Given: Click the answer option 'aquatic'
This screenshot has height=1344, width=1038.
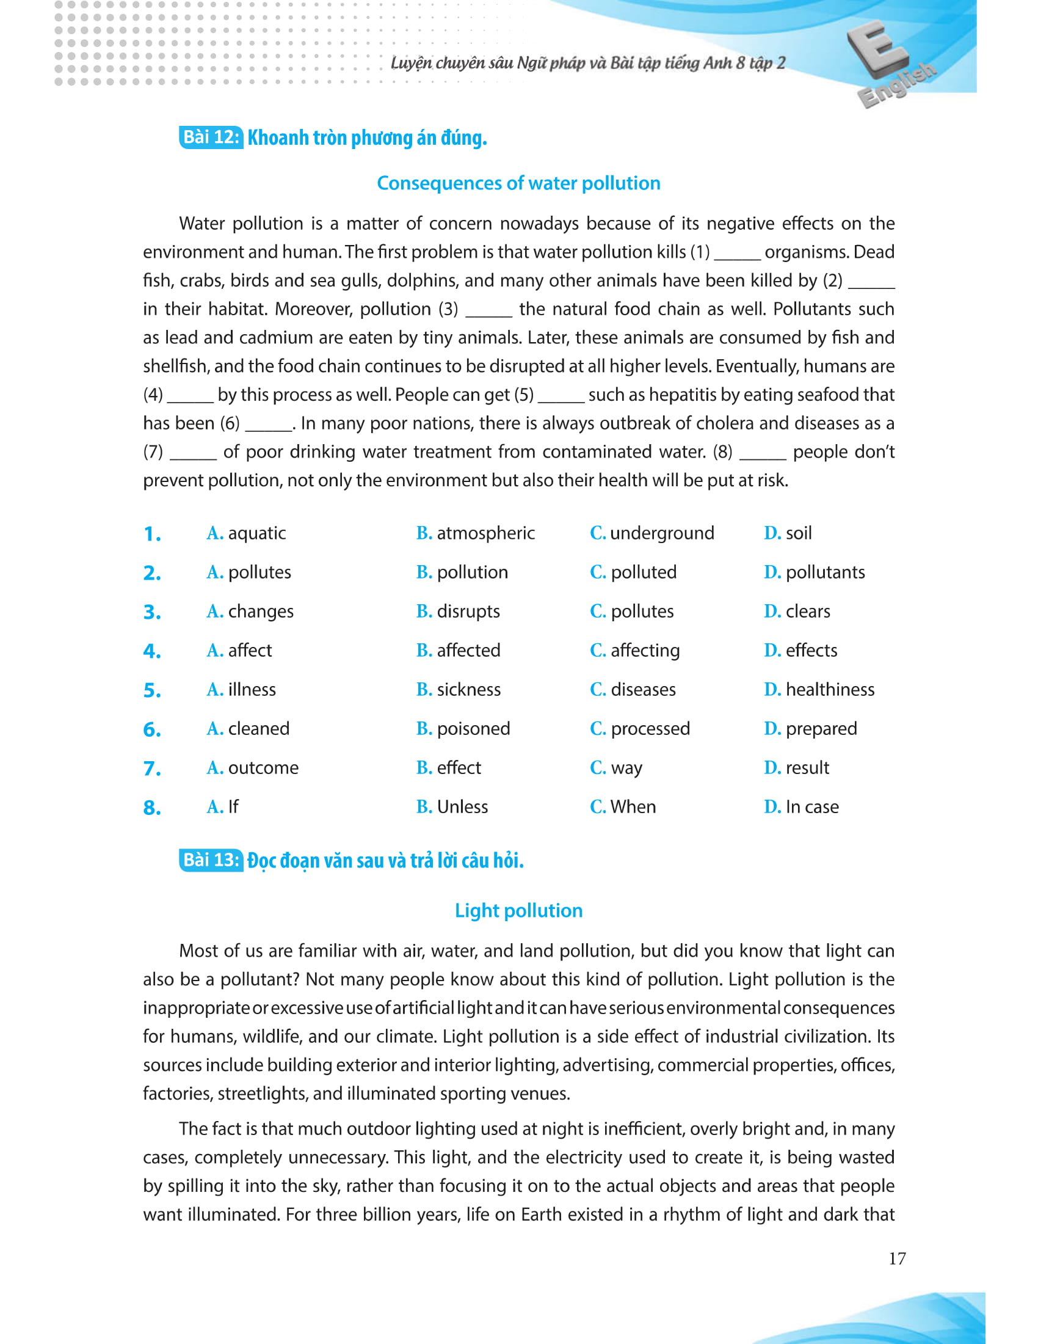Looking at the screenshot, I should point(256,533).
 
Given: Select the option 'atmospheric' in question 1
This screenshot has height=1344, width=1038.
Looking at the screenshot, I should point(485,533).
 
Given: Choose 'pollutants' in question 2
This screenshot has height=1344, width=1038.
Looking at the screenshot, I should point(825,572).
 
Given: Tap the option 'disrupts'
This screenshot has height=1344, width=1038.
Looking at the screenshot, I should point(468,611).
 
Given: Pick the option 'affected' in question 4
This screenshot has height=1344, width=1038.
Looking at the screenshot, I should point(468,651).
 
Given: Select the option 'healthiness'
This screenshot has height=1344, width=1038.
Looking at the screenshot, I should point(830,689).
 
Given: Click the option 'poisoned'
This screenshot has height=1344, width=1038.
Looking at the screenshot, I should point(473,729).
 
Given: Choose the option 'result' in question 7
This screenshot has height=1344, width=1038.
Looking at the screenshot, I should point(807,767).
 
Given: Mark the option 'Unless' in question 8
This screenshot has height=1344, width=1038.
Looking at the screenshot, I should point(462,807).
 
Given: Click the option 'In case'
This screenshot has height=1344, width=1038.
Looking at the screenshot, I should point(811,807).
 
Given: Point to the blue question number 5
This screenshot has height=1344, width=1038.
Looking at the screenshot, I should point(152,690).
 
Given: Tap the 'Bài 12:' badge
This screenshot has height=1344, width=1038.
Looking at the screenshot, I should point(211,137).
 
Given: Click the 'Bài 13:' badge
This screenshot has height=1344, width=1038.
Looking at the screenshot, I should point(211,860).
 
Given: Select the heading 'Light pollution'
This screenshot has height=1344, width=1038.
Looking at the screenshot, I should point(518,911).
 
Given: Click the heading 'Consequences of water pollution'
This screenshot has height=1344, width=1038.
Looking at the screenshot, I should point(518,183).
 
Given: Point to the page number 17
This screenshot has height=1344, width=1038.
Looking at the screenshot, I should point(896,1258).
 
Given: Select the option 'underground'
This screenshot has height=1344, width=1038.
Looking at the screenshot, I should point(662,533).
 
